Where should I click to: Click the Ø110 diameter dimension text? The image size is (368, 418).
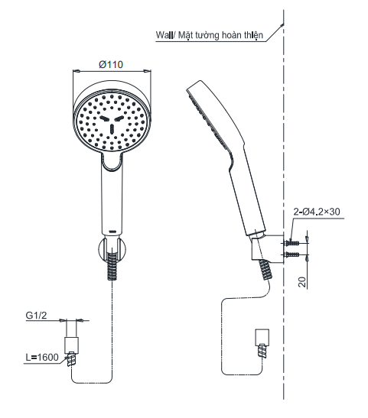point(112,64)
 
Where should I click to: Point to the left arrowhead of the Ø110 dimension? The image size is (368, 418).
point(75,72)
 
